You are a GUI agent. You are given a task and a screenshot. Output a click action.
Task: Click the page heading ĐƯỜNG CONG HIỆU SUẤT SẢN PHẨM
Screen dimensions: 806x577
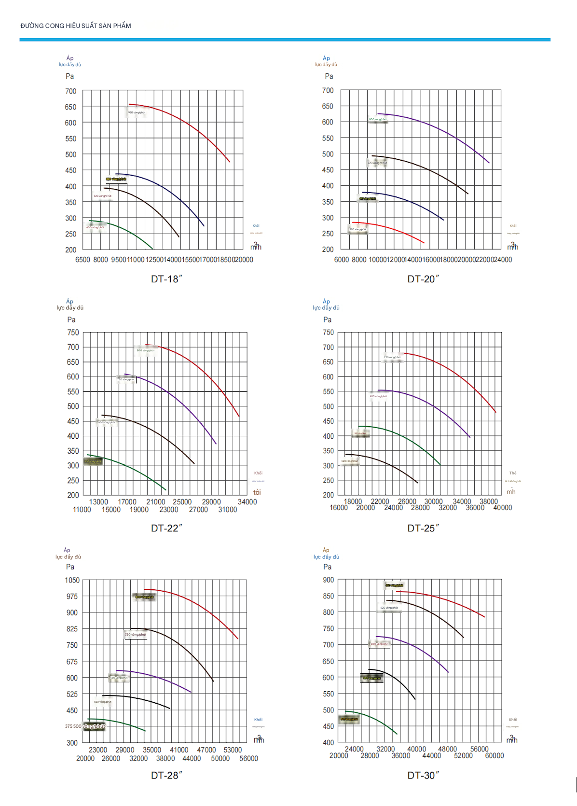pos(76,26)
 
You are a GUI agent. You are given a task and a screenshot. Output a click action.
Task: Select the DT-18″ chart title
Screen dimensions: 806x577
pos(166,279)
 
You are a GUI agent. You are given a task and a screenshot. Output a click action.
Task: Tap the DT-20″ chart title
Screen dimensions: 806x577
pos(423,279)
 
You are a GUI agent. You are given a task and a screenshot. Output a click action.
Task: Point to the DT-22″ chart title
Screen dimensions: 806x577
pos(166,528)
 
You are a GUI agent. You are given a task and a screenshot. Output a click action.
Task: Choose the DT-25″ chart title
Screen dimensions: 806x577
pos(423,528)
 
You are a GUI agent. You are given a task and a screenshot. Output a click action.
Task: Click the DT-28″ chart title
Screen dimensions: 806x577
pos(166,775)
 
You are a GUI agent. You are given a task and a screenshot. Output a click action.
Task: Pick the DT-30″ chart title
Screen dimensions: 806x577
pos(423,775)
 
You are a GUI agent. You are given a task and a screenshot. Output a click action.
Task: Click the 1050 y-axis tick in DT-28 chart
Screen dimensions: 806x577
pos(72,580)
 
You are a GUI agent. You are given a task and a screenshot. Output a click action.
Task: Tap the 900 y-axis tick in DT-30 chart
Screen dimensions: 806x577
pos(329,580)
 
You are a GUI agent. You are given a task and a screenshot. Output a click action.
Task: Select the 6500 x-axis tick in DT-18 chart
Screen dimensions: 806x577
pos(82,260)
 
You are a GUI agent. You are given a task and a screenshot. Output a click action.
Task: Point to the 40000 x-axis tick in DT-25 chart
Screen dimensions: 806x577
pos(502,508)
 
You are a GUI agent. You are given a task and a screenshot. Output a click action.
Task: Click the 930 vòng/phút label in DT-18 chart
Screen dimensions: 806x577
pos(137,112)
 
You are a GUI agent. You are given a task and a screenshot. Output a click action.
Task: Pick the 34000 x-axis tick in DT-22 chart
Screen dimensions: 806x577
pos(247,502)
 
